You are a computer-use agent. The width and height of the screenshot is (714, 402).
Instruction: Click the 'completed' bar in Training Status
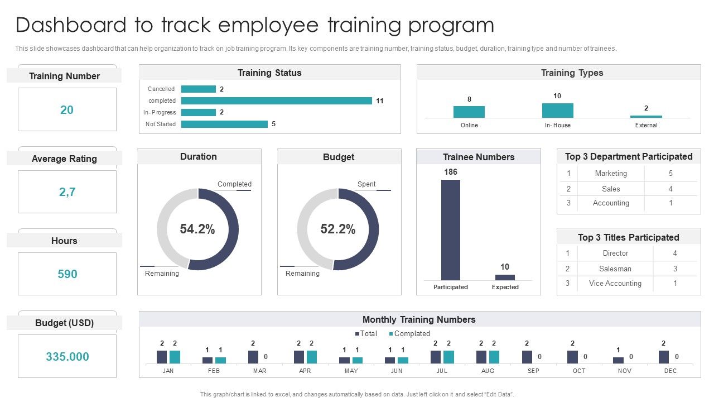[x=276, y=101]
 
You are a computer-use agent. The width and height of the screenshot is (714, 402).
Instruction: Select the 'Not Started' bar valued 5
[x=224, y=124]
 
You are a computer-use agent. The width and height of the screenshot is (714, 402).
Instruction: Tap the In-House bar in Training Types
[x=557, y=111]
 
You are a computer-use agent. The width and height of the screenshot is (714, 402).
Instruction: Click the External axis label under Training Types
[x=646, y=125]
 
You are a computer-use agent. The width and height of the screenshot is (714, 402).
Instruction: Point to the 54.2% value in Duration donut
[x=197, y=229]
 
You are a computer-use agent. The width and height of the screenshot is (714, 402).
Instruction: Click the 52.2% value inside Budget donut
[x=338, y=229]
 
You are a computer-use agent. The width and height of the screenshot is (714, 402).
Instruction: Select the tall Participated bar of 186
[x=451, y=229]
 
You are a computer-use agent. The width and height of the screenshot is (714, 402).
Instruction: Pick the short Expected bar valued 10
[x=505, y=277]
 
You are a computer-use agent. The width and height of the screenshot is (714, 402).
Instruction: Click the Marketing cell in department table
[x=611, y=174]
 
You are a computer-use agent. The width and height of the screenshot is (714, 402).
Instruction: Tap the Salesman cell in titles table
[x=615, y=269]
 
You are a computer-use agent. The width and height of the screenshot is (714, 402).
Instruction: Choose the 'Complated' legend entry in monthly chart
[x=412, y=334]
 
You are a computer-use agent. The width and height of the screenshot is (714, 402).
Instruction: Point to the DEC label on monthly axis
[x=670, y=371]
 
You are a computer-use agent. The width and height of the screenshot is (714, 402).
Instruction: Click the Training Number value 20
[x=67, y=110]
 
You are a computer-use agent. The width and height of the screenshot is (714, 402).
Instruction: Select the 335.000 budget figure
[x=67, y=357]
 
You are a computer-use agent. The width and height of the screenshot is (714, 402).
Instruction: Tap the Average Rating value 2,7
[x=67, y=192]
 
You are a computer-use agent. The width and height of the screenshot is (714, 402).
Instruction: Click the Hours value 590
[x=67, y=274]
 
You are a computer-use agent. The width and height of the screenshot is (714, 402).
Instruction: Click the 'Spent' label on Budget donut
[x=366, y=184]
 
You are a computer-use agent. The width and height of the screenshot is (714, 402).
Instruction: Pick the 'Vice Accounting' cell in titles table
[x=615, y=284]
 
